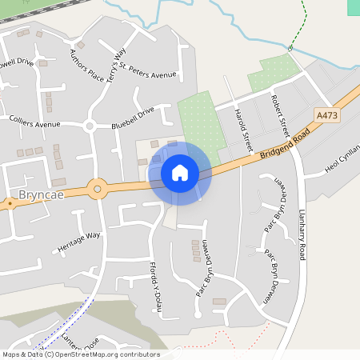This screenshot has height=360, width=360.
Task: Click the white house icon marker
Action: click(x=180, y=173)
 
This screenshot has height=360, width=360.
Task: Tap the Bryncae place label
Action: click(x=39, y=195)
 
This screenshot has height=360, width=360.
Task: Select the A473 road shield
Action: click(x=326, y=116)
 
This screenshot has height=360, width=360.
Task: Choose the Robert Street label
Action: click(x=279, y=114)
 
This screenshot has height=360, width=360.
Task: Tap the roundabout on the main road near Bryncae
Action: click(x=98, y=190)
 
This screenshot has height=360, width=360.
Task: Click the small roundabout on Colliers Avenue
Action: click(x=90, y=126)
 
